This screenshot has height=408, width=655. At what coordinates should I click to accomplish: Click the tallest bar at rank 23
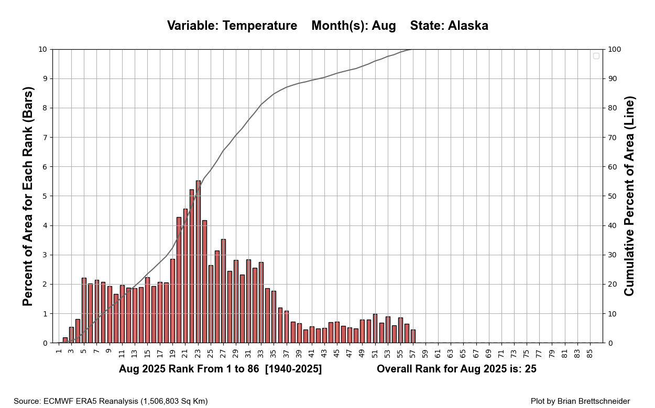point(198,262)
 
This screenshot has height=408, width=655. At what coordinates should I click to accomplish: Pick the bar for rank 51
point(375,328)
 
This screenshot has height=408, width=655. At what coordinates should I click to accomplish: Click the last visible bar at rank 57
point(413,336)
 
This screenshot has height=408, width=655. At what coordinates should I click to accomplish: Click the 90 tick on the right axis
point(613,79)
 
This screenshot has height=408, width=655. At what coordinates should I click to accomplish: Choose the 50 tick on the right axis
point(613,196)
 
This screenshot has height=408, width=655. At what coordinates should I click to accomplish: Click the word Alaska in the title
point(468,26)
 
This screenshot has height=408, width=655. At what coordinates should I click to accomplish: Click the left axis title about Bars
point(28,196)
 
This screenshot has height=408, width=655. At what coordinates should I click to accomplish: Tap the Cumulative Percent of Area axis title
point(629,196)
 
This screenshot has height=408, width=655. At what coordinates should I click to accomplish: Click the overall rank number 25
point(530,369)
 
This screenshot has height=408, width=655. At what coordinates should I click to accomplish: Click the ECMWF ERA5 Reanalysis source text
point(86,401)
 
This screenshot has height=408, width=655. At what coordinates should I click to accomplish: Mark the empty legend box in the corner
point(596,56)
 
